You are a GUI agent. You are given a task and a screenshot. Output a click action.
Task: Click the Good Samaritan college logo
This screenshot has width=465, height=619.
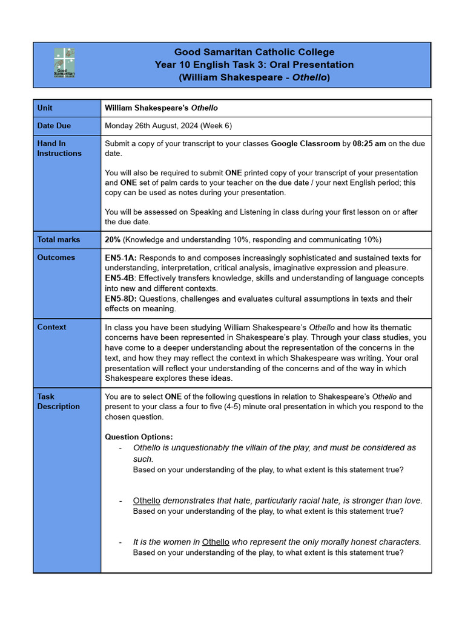64,63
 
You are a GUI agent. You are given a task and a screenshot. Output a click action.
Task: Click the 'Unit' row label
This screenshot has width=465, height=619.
45,108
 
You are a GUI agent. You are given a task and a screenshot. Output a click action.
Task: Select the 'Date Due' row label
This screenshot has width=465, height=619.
54,126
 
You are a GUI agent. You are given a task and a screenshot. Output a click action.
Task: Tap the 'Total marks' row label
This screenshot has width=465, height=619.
59,240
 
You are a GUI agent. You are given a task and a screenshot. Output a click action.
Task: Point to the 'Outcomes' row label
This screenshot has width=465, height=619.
56,258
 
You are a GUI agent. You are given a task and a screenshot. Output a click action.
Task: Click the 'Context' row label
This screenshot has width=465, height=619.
51,327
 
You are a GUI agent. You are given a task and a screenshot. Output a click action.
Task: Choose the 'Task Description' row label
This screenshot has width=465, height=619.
58,401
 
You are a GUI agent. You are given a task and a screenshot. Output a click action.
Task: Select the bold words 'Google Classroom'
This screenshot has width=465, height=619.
305,144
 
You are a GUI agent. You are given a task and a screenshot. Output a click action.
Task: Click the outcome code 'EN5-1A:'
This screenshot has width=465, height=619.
122,258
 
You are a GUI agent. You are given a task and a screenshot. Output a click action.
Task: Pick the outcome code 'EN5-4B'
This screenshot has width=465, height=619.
120,278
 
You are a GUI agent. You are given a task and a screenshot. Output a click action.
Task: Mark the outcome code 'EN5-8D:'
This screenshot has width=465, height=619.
122,299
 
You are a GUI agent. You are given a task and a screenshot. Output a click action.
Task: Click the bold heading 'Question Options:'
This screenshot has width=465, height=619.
139,437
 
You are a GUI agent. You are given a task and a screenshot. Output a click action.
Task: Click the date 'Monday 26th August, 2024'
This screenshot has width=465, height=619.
154,126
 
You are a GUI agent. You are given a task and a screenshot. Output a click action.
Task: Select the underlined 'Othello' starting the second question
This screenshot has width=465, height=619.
147,501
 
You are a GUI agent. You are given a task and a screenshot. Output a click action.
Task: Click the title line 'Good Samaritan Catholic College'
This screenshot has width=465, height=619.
254,53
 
